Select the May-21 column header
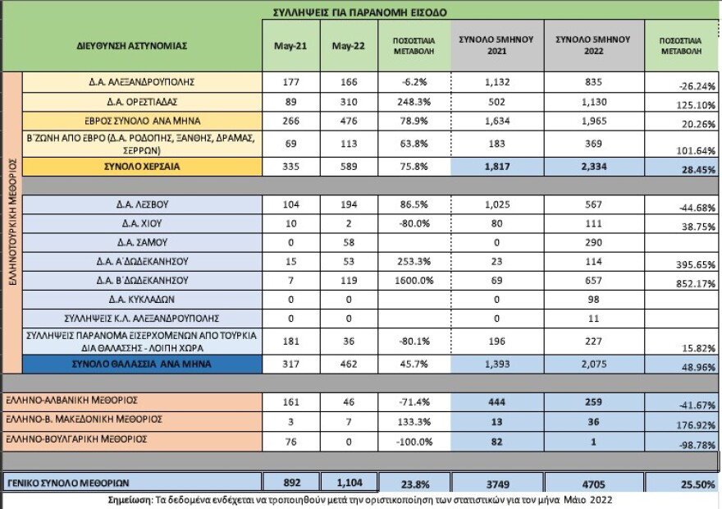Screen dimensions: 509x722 point(290,45)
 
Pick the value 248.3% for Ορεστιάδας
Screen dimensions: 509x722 point(405,101)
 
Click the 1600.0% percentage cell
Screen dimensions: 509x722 point(405,281)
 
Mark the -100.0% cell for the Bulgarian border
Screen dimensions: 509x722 point(405,439)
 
